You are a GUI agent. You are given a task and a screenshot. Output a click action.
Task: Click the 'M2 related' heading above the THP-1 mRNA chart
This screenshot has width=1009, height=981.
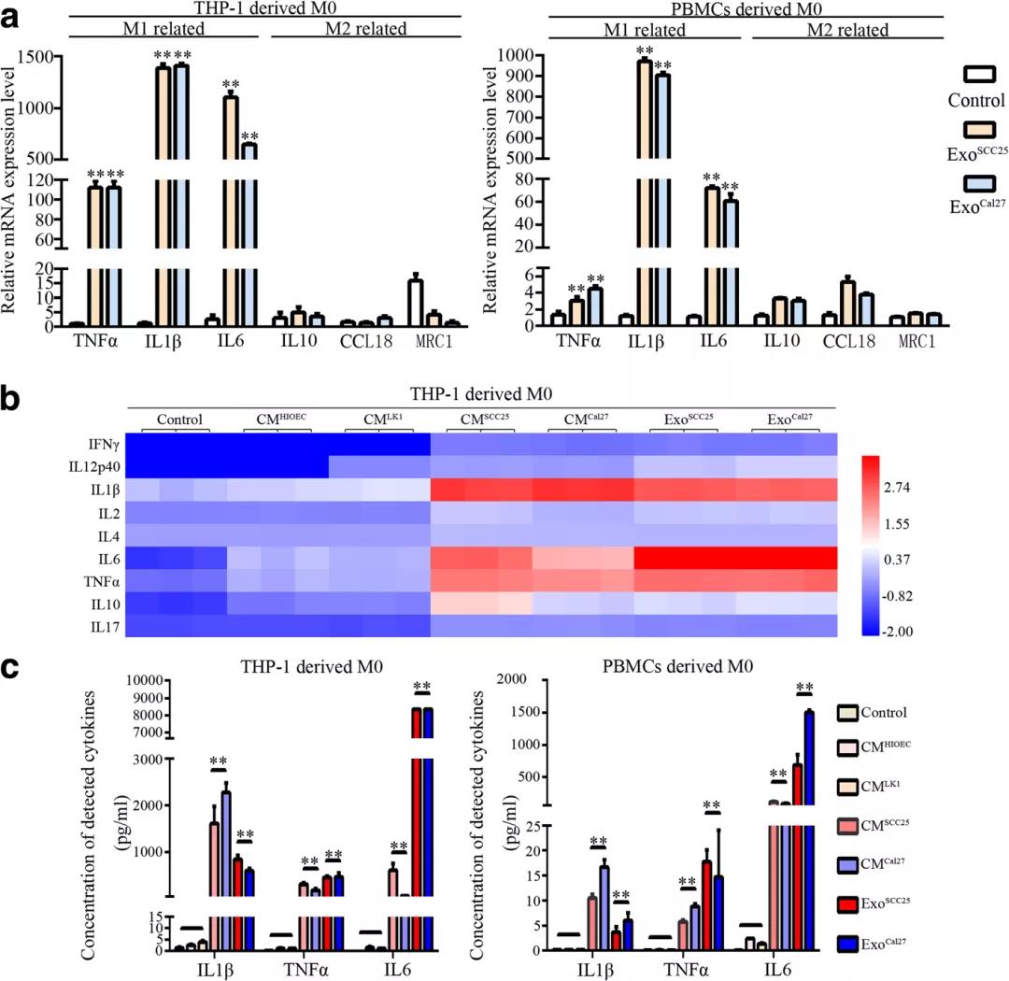pyautogui.click(x=365, y=28)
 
